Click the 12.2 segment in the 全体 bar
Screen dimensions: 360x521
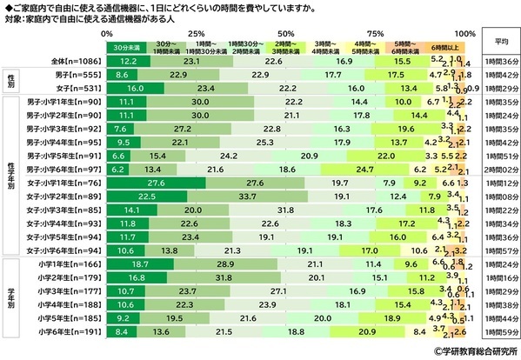click(128, 62)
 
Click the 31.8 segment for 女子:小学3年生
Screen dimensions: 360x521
click(283, 210)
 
